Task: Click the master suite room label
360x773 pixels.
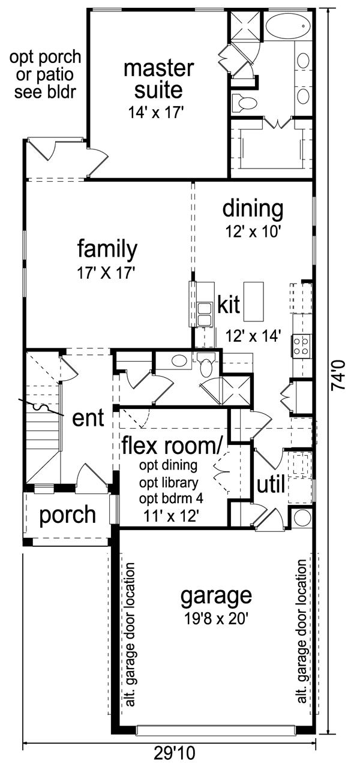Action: tap(159, 79)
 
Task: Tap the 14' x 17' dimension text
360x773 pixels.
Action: tap(155, 113)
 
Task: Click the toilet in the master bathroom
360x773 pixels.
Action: tap(245, 103)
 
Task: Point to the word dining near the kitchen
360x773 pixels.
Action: tap(253, 209)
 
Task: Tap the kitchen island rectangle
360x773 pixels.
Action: tap(254, 301)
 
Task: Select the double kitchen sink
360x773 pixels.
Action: tap(205, 314)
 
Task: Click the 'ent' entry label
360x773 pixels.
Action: tap(88, 418)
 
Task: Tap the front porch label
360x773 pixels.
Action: tap(68, 516)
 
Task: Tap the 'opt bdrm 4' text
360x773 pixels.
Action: tap(171, 499)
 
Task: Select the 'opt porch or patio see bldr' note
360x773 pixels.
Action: tap(45, 74)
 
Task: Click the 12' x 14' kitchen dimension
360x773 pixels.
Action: tap(253, 335)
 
